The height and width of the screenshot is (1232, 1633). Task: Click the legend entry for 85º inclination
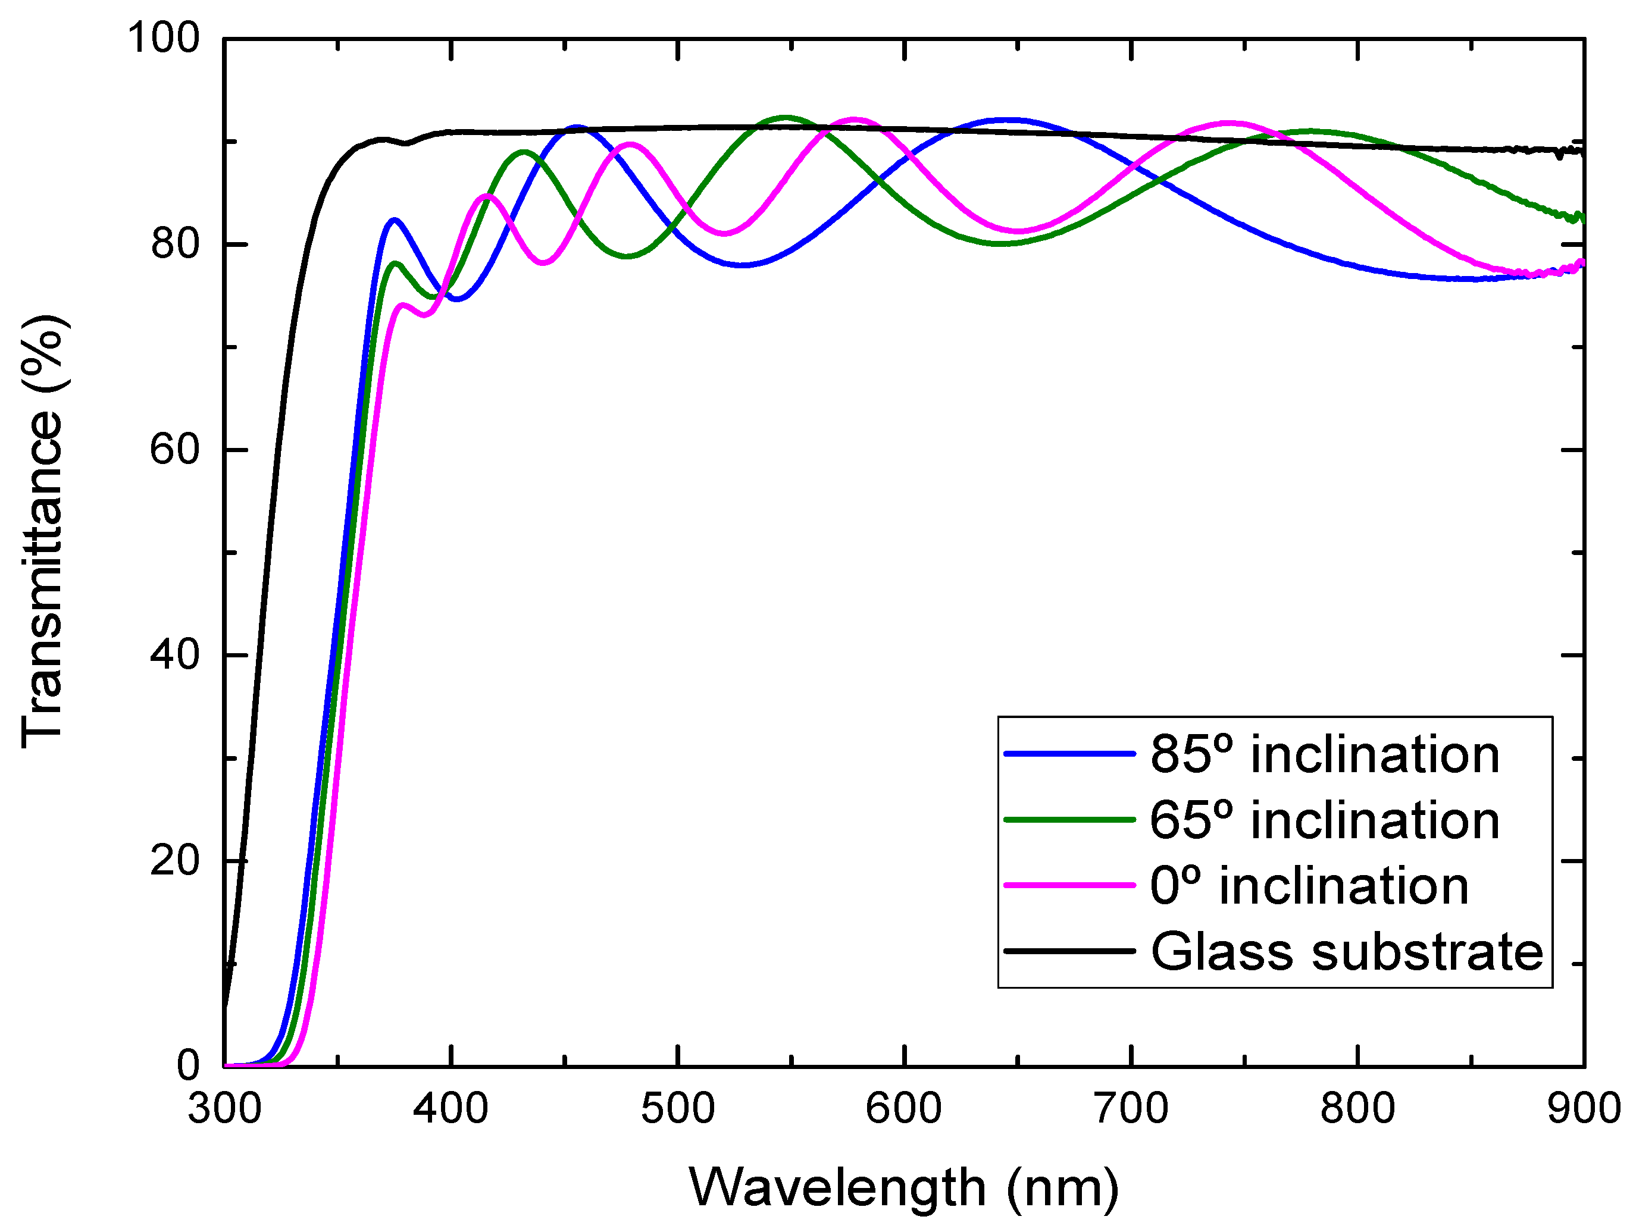tap(1324, 755)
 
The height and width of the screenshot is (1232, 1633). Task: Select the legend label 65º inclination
tap(1324, 821)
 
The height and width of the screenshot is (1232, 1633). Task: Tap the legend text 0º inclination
tap(1309, 886)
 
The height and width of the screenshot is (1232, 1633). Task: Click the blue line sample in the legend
tap(1069, 754)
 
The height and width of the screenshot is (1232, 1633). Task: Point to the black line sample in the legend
tap(1069, 951)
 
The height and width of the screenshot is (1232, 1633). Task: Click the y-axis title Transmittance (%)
tap(43, 531)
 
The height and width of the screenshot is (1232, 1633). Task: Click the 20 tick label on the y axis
tap(174, 861)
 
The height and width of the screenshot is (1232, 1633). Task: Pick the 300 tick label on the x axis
tap(224, 1109)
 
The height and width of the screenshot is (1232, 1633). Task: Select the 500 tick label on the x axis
tap(678, 1109)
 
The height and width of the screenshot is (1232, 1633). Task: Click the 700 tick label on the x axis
tap(1131, 1109)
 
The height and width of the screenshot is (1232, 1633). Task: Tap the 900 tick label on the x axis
tap(1583, 1109)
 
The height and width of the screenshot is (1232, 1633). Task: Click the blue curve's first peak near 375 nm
tap(394, 220)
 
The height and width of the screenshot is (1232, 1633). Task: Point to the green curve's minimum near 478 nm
tap(627, 256)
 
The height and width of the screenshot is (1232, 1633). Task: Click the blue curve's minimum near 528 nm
tap(742, 264)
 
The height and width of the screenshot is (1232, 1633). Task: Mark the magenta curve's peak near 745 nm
tap(1229, 123)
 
